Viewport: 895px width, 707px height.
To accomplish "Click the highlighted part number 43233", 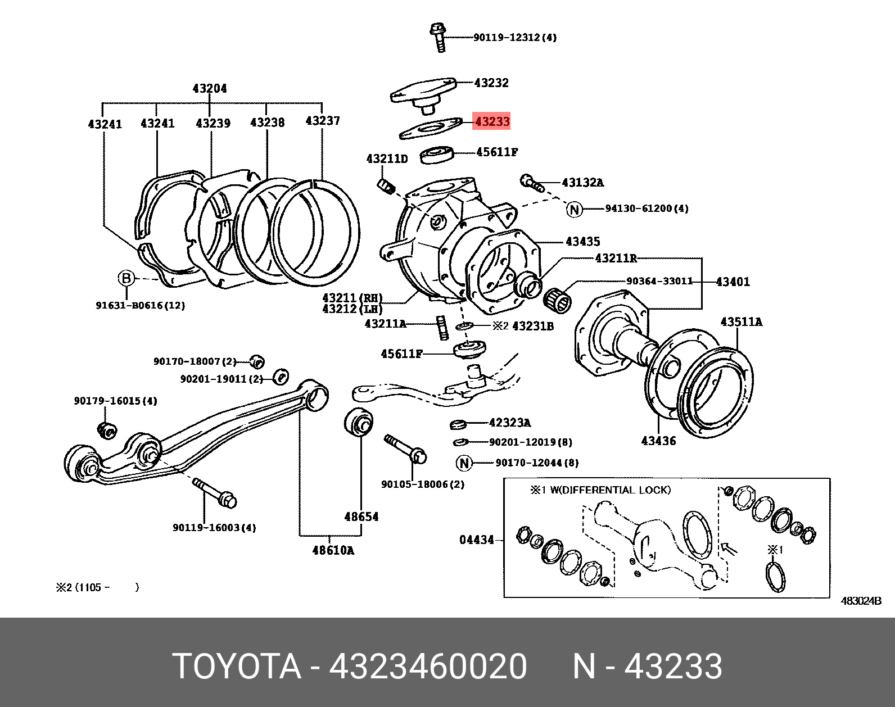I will point(491,121).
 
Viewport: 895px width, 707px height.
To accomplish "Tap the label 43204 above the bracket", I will point(209,88).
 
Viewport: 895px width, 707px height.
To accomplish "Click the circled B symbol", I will point(126,278).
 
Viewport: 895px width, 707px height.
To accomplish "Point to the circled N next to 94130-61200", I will point(574,209).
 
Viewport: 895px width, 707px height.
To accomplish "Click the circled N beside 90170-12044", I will point(464,463).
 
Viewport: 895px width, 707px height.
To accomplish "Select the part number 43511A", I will point(741,321).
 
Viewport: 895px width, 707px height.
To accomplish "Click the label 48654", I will point(361,516).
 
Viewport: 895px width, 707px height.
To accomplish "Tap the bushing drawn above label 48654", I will point(358,422).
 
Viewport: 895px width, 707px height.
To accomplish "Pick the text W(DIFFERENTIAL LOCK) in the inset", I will point(609,490).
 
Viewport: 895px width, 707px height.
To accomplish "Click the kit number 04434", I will point(476,540).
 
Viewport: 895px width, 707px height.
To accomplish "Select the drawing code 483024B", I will point(860,601).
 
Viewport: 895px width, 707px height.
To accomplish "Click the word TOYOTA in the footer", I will point(237,667).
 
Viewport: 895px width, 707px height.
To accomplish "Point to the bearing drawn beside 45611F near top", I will point(437,155).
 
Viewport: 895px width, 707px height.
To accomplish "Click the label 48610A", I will point(333,550).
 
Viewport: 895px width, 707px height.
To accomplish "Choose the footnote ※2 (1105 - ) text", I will point(97,587).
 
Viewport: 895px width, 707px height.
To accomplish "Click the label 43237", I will point(322,120).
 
